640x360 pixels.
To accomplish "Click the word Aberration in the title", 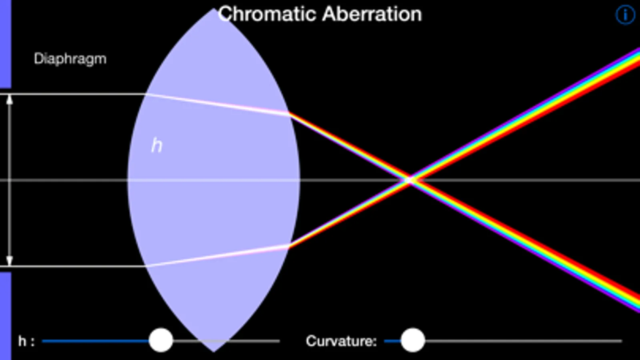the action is [372, 14].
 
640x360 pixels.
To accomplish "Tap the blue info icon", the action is [625, 15].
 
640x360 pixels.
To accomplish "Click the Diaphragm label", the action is [70, 59].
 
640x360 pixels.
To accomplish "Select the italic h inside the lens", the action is [156, 145].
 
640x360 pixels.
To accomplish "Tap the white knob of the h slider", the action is [161, 340].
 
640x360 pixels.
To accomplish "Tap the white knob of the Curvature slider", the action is [413, 340].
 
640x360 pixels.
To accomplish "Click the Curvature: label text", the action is [341, 341].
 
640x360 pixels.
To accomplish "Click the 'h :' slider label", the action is [26, 341].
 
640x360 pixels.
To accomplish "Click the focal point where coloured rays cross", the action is [409, 180].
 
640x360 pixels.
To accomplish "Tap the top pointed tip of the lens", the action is [213, 9].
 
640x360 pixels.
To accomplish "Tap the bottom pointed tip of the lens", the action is [214, 352].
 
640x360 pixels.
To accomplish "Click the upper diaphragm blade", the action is [6, 44].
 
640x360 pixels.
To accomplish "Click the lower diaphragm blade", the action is [6, 316].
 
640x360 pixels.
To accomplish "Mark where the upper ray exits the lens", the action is [289, 114].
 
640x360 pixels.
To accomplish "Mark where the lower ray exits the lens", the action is [289, 247].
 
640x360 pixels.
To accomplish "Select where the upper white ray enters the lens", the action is [146, 94].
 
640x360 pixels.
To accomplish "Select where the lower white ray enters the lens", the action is [146, 266].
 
